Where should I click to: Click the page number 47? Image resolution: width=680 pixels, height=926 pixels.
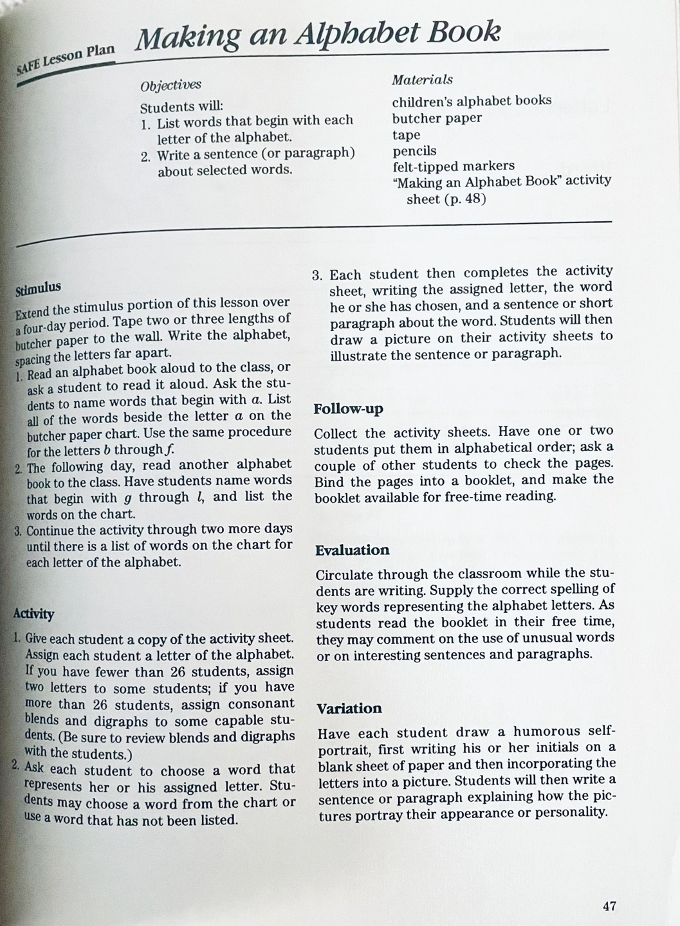(x=609, y=906)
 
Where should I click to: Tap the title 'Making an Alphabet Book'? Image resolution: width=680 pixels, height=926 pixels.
(x=318, y=36)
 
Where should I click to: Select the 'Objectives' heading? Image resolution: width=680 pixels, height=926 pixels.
(x=170, y=85)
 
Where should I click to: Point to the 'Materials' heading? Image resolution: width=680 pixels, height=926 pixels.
(x=422, y=80)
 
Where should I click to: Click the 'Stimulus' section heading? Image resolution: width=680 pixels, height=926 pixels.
(x=38, y=288)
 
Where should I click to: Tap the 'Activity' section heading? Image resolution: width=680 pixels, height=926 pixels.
(x=33, y=614)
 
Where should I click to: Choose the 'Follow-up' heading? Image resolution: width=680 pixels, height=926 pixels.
(x=348, y=409)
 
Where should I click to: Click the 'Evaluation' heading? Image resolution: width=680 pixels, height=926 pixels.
(x=352, y=550)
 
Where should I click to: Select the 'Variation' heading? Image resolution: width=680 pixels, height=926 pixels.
(x=349, y=709)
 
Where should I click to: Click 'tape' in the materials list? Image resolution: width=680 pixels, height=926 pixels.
(x=406, y=135)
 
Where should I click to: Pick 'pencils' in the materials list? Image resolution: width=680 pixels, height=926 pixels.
(x=414, y=151)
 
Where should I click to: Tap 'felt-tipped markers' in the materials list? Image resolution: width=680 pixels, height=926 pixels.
(x=454, y=167)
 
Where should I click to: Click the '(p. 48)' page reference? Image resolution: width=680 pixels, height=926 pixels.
(x=464, y=199)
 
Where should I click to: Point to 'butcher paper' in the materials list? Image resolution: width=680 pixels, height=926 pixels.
(x=437, y=118)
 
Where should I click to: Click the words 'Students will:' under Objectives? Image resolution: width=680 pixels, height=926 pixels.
(x=181, y=107)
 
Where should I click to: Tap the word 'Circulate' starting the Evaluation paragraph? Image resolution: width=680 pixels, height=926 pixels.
(x=346, y=574)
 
